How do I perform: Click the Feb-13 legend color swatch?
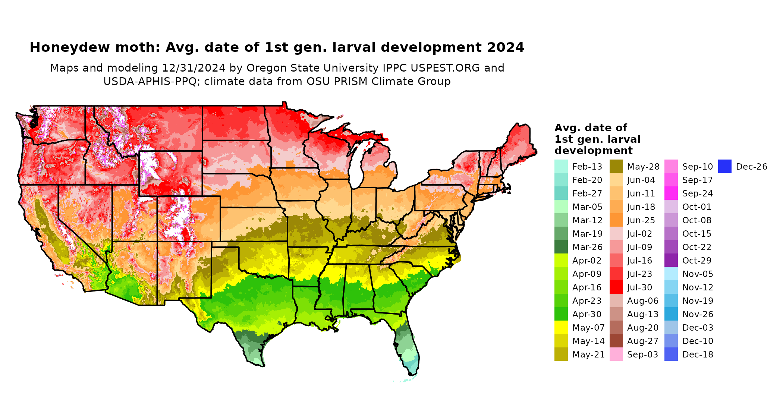pyautogui.click(x=561, y=167)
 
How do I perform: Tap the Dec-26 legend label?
pyautogui.click(x=751, y=167)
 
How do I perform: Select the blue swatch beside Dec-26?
pyautogui.click(x=724, y=167)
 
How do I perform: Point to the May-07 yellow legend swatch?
pyautogui.click(x=561, y=328)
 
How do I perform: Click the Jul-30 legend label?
pyautogui.click(x=639, y=287)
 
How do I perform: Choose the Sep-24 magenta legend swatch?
pyautogui.click(x=671, y=193)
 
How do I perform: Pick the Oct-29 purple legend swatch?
pyautogui.click(x=671, y=261)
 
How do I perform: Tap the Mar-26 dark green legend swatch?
pyautogui.click(x=561, y=247)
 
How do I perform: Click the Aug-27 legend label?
pyautogui.click(x=643, y=341)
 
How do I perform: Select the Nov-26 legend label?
pyautogui.click(x=698, y=314)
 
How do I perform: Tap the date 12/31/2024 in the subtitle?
pyautogui.click(x=194, y=68)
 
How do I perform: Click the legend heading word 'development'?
pyautogui.click(x=594, y=151)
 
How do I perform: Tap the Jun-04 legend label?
pyautogui.click(x=641, y=180)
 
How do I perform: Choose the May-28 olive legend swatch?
pyautogui.click(x=616, y=167)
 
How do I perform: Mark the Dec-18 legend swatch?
pyautogui.click(x=671, y=354)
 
